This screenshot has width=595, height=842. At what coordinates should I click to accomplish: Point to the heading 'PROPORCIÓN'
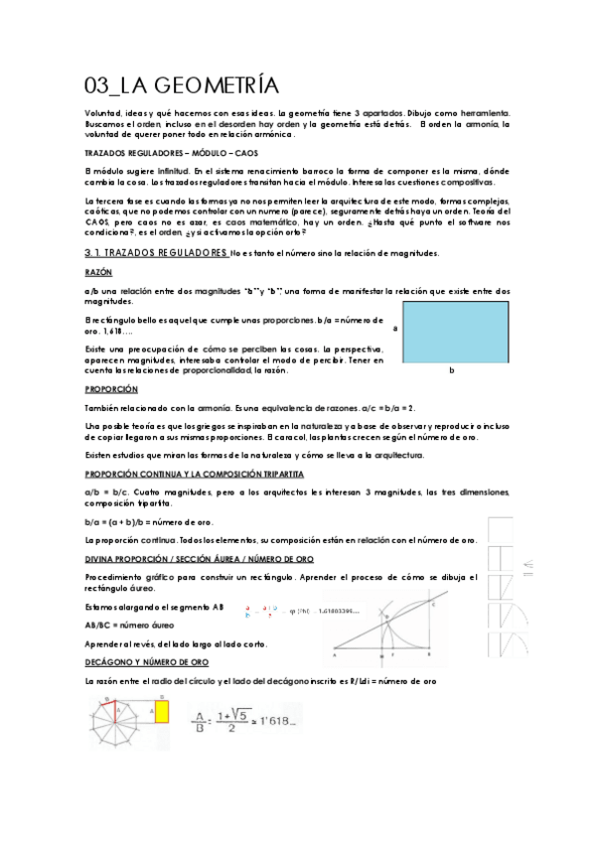(111, 390)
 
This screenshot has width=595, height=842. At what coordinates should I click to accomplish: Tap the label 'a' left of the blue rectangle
(395, 328)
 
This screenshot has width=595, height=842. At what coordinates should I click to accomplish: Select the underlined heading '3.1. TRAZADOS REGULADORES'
(157, 254)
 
